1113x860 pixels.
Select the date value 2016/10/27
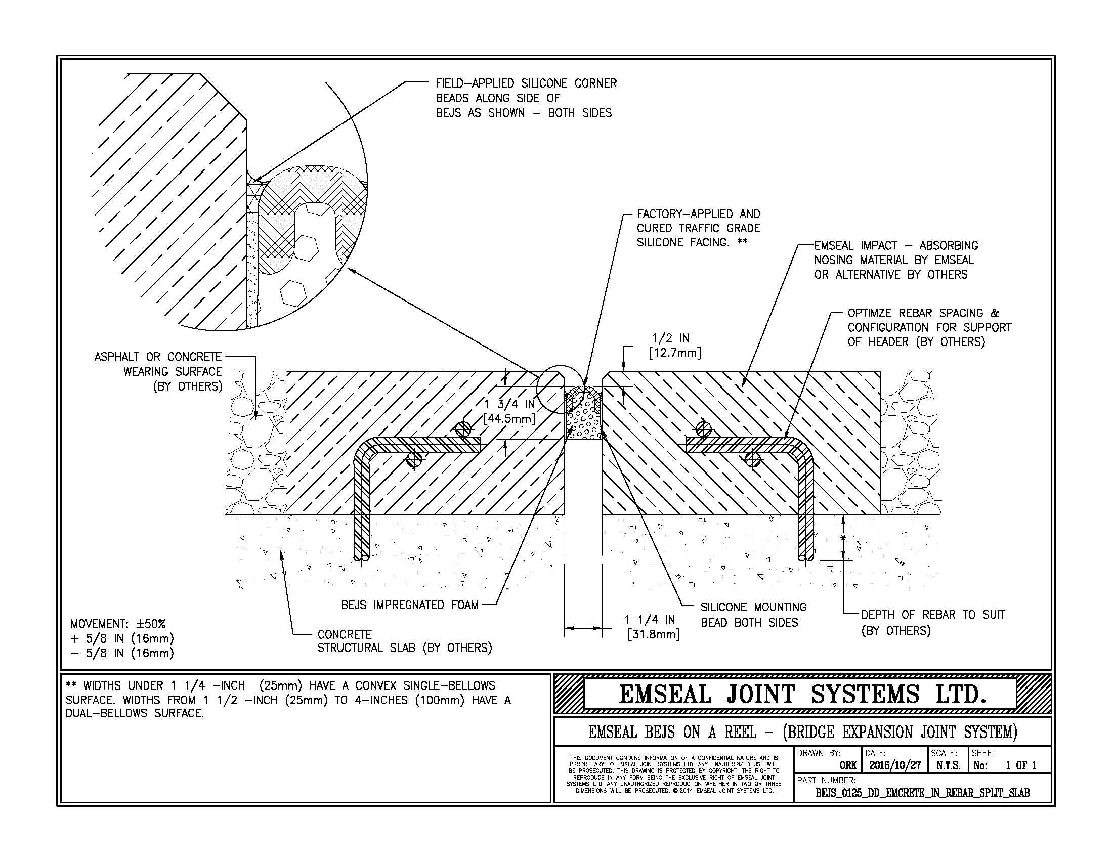pyautogui.click(x=895, y=765)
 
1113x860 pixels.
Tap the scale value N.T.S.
pyautogui.click(x=948, y=765)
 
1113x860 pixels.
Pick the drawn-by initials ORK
pyautogui.click(x=848, y=766)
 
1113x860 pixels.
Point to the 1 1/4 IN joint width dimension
pyautogui.click(x=652, y=627)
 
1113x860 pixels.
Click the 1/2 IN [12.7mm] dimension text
pyautogui.click(x=675, y=346)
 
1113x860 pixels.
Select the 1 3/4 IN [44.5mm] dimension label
pyautogui.click(x=508, y=412)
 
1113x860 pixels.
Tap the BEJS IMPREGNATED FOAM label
pyautogui.click(x=410, y=605)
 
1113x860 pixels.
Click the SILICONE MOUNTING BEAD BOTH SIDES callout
pyautogui.click(x=753, y=615)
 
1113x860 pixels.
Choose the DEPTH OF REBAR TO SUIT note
pyautogui.click(x=932, y=623)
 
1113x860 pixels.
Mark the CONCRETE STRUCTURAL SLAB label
pyautogui.click(x=405, y=641)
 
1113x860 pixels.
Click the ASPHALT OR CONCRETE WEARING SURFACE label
pyautogui.click(x=158, y=371)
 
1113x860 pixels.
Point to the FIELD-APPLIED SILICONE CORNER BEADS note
pyautogui.click(x=526, y=98)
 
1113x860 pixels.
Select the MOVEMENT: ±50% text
pyautogui.click(x=118, y=624)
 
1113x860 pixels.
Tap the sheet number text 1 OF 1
pyautogui.click(x=1020, y=765)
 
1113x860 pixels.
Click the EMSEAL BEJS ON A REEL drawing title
pyautogui.click(x=802, y=732)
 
